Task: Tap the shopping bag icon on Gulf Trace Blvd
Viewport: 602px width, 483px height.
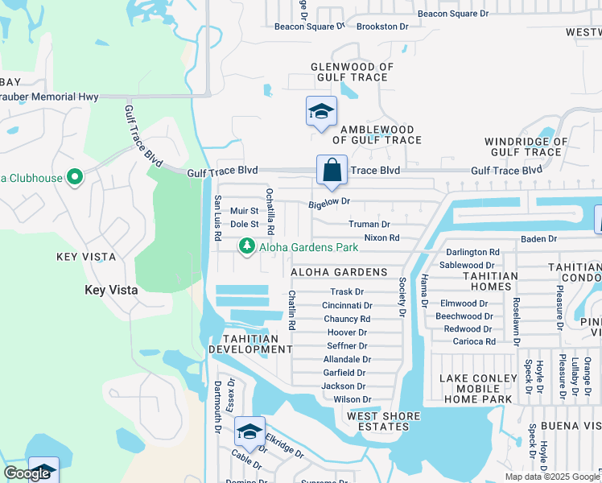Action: [x=332, y=170]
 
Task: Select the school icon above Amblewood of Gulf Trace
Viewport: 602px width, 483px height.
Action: [x=321, y=112]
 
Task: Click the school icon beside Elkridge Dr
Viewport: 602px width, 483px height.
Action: [x=249, y=432]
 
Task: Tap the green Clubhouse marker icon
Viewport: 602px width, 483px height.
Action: [x=74, y=175]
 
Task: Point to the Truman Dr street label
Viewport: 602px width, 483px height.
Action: [x=369, y=224]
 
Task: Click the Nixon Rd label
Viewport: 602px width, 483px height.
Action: [x=381, y=237]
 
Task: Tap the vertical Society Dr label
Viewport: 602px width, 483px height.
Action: [x=402, y=296]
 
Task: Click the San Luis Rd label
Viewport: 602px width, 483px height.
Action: [x=216, y=218]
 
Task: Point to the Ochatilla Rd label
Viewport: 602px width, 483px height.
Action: [x=270, y=207]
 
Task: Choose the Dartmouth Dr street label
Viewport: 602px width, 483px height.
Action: [x=216, y=407]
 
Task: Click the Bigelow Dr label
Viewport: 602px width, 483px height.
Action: [x=330, y=204]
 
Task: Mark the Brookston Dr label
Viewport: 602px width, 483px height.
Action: [x=382, y=27]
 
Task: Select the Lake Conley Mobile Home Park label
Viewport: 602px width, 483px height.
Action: [x=477, y=388]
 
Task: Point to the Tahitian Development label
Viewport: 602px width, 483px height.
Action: [x=250, y=344]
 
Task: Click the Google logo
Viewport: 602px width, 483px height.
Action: [x=27, y=473]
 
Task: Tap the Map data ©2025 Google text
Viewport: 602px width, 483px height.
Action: [x=553, y=477]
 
